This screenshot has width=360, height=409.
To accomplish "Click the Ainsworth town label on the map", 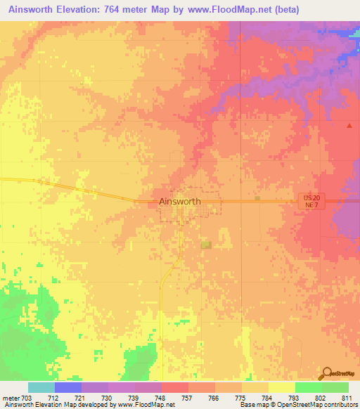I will [180, 201].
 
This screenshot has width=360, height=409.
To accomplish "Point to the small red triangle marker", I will [349, 126].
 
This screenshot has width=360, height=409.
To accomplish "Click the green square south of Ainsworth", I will [206, 245].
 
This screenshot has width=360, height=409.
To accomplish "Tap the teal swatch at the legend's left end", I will [41, 387].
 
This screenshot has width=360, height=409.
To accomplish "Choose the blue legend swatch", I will [68, 387].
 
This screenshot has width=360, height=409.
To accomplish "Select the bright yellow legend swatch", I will [281, 387].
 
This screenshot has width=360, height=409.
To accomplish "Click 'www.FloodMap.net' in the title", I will [224, 10].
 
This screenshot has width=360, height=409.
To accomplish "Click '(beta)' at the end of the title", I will [284, 10].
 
